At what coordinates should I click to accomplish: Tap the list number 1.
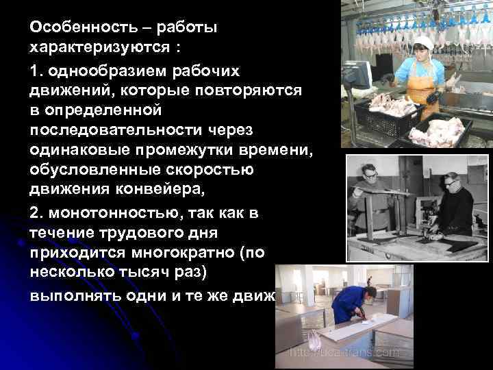(x=34, y=72)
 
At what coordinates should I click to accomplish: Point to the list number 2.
(x=34, y=213)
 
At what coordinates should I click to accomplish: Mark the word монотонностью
(x=110, y=213)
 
